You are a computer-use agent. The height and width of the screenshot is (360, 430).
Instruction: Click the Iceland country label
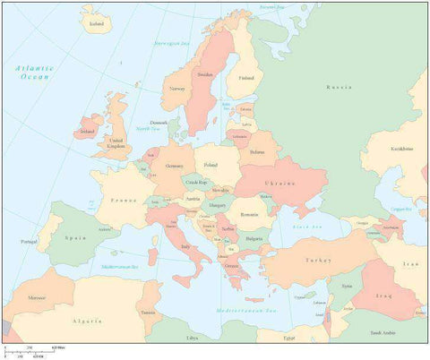[x=96, y=24]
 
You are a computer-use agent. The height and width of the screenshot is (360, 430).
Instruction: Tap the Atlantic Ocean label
[x=33, y=73]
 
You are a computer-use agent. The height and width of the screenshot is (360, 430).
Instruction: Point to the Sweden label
[x=205, y=75]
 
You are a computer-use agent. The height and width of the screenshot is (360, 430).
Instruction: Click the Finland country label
[x=245, y=78]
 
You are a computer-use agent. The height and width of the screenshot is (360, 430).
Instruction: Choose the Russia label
[x=339, y=87]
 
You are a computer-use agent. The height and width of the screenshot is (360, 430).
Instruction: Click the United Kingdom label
[x=116, y=143]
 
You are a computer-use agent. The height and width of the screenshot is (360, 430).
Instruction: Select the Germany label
[x=174, y=167]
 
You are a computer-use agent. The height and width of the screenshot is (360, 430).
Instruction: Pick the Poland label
[x=211, y=165]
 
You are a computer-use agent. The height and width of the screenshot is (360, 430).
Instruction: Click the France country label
[x=125, y=202]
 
